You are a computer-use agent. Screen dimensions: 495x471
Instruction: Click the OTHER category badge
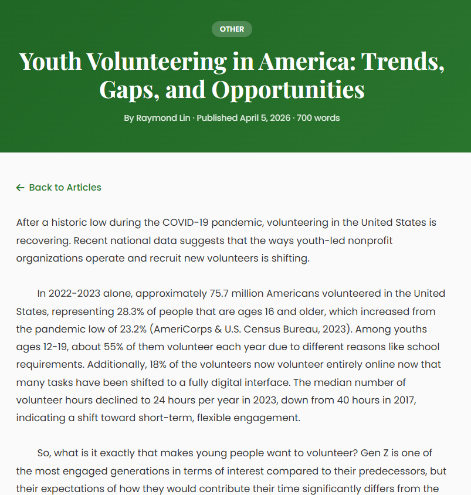coord(232,29)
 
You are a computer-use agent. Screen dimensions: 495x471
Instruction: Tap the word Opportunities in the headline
coord(288,90)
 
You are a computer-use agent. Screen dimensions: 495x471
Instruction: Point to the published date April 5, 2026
coord(265,118)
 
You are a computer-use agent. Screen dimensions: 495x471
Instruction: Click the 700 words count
coord(318,118)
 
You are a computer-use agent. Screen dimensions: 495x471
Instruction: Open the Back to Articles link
coord(65,188)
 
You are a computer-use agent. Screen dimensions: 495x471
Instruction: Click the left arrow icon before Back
coord(21,188)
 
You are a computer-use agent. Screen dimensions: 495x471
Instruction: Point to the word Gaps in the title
coord(126,90)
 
